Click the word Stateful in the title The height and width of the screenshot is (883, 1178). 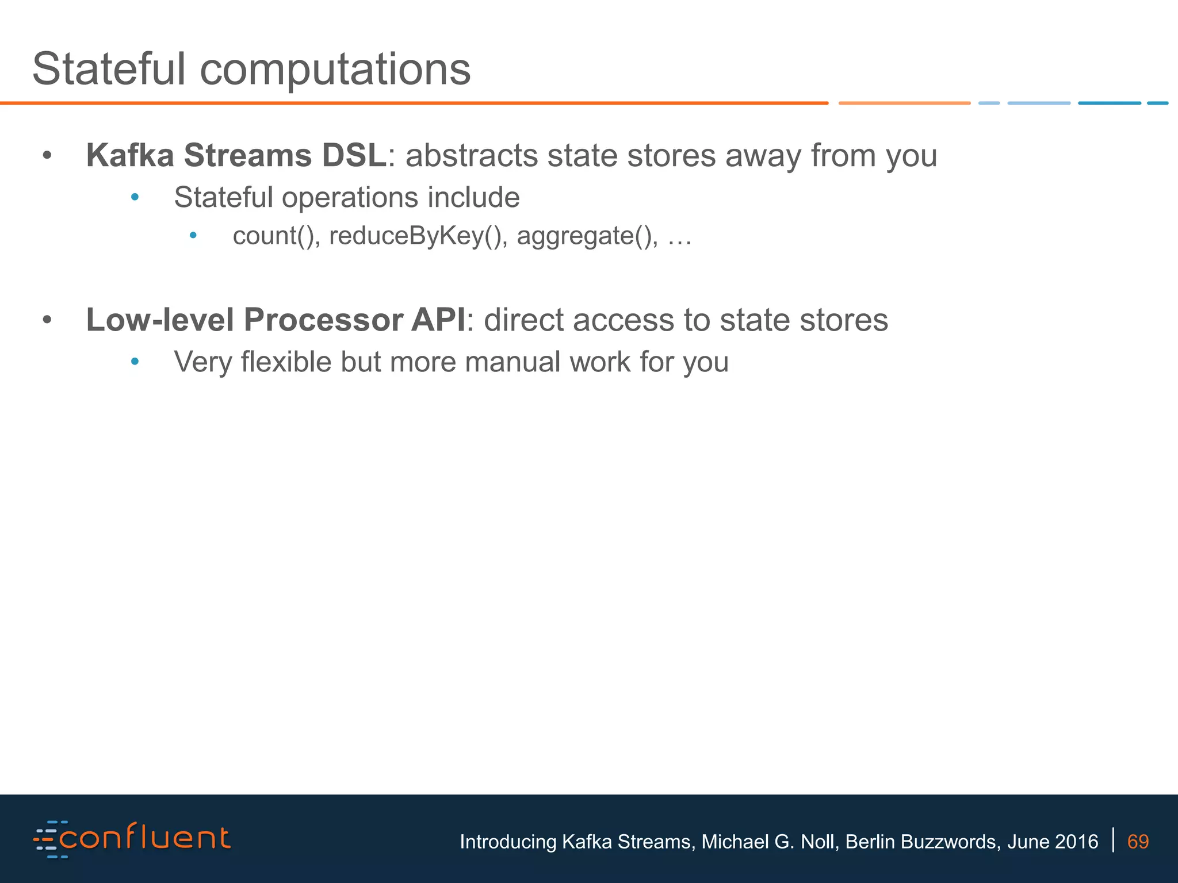[x=109, y=69]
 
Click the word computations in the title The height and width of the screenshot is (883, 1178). [x=335, y=70]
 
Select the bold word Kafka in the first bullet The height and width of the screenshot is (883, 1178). [x=130, y=156]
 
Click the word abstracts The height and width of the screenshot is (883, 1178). [x=471, y=156]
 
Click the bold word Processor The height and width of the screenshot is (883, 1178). [x=323, y=320]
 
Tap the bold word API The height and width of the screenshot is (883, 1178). [x=437, y=320]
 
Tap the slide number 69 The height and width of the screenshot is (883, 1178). [x=1138, y=842]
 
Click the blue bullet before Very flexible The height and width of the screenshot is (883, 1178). [x=135, y=362]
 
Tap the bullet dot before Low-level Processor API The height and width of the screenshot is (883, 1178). [x=47, y=320]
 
